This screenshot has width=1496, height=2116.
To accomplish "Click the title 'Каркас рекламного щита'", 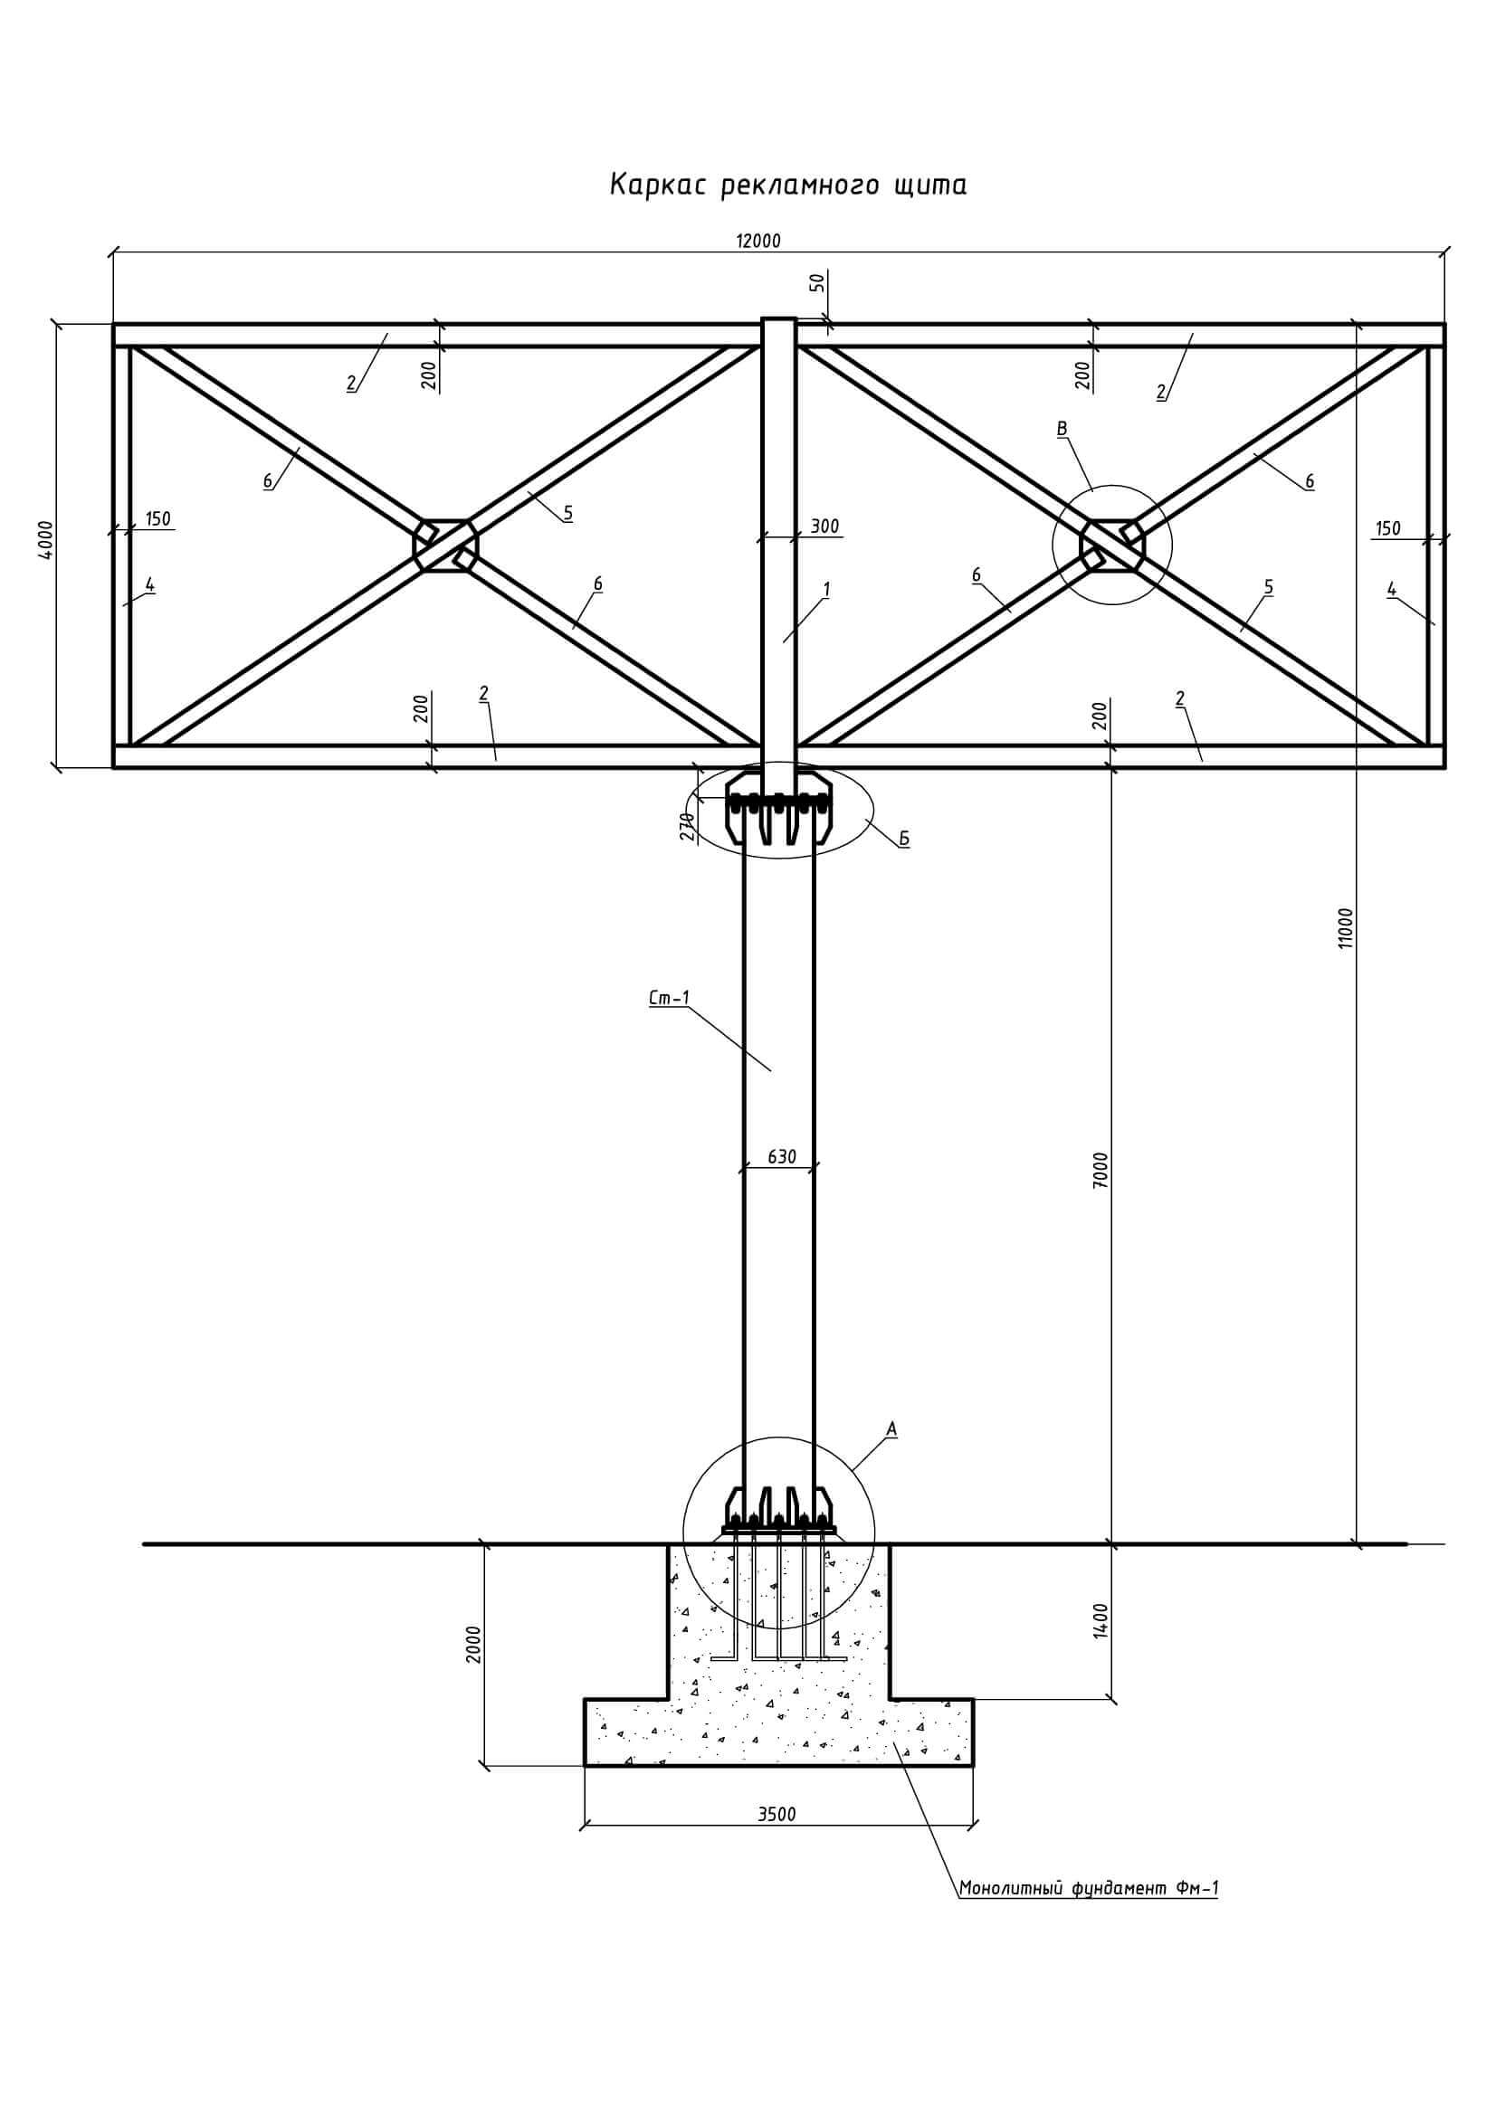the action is (788, 185).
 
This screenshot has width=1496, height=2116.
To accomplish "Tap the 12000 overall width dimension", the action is (758, 242).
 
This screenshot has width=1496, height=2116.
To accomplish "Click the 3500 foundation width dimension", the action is (777, 1815).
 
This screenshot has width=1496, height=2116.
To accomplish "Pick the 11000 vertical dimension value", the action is (1347, 928).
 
